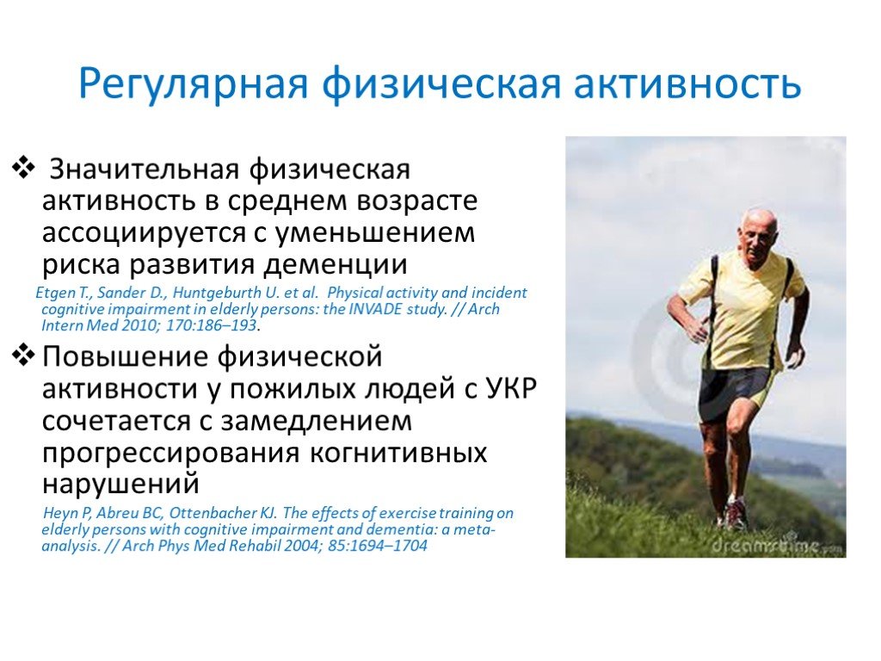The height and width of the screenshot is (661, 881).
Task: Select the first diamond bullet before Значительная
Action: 23,168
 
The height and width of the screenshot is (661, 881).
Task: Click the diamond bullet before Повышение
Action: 23,355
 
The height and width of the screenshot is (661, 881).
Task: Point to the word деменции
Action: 336,265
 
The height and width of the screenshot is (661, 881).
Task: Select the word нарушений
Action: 120,484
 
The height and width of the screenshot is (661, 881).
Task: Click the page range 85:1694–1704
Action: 378,545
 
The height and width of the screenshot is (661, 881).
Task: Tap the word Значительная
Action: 145,170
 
